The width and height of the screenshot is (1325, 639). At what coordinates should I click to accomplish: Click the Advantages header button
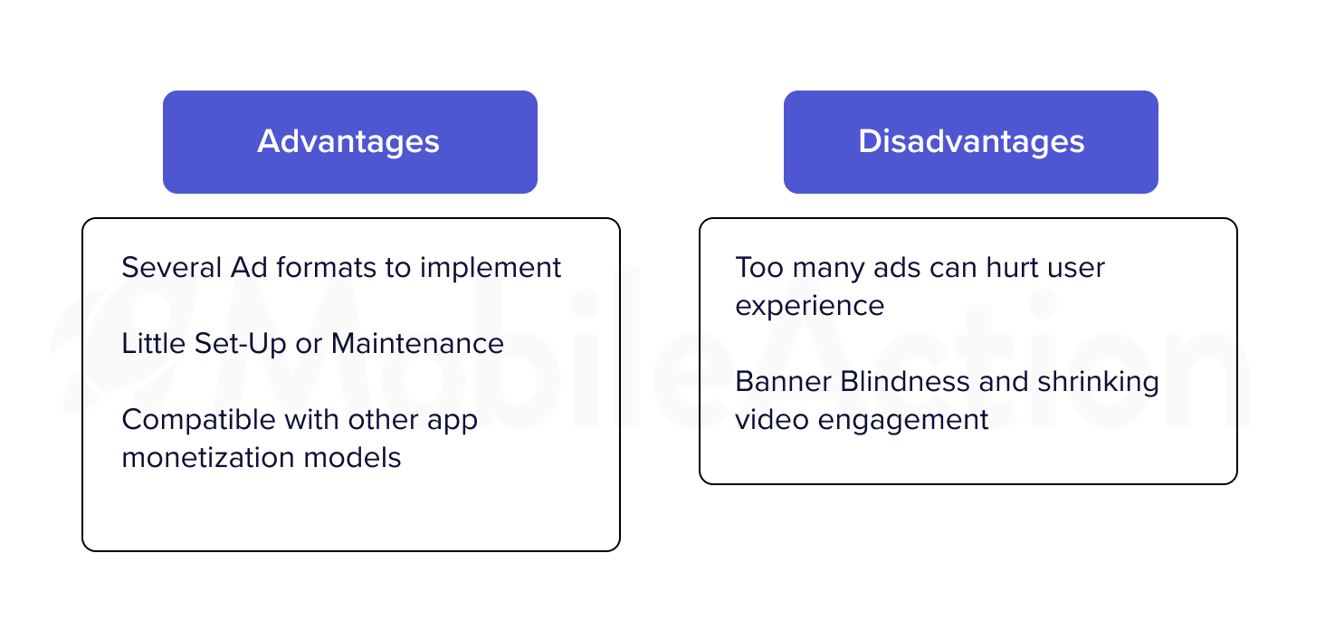click(x=350, y=142)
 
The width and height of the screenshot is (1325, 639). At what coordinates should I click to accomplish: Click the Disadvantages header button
click(x=971, y=142)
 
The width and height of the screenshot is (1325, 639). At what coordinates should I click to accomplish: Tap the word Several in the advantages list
click(x=172, y=267)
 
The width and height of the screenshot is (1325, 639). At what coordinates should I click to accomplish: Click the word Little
click(x=154, y=343)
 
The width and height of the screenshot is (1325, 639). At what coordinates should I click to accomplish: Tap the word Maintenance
click(x=417, y=343)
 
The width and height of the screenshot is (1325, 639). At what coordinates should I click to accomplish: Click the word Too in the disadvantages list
click(x=759, y=267)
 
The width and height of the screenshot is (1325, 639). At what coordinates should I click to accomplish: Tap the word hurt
click(x=1012, y=267)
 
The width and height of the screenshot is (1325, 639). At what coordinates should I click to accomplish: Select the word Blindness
click(x=905, y=382)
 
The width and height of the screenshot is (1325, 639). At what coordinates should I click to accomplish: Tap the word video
click(x=772, y=419)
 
